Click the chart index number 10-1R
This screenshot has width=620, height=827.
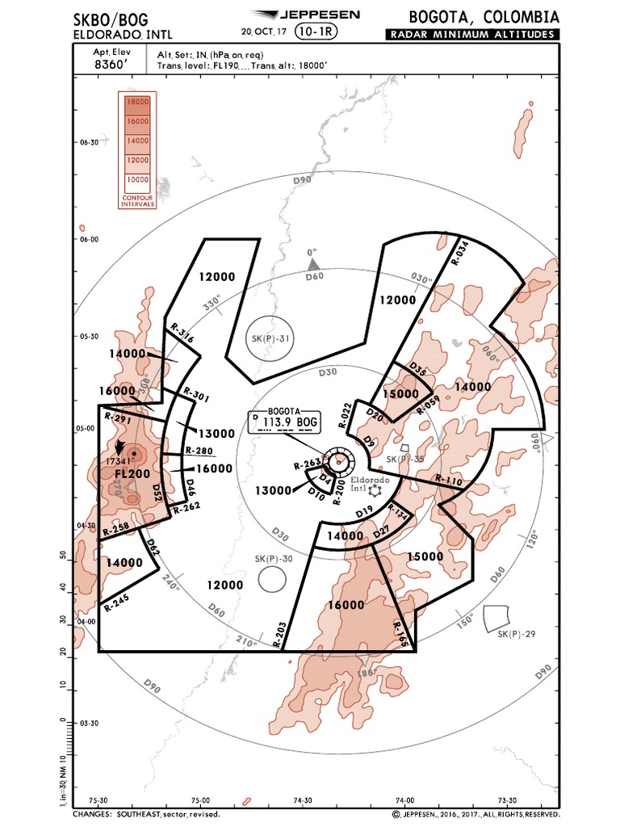point(317,31)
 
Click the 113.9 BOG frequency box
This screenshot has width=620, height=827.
point(286,421)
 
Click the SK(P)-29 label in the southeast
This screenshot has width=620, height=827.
point(517,634)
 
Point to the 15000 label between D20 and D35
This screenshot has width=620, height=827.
point(400,394)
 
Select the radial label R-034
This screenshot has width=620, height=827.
point(459,254)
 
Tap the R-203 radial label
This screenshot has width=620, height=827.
point(279,634)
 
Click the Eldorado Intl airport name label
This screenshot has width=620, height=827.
point(370,484)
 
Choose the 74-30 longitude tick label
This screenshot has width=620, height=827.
point(302,800)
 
